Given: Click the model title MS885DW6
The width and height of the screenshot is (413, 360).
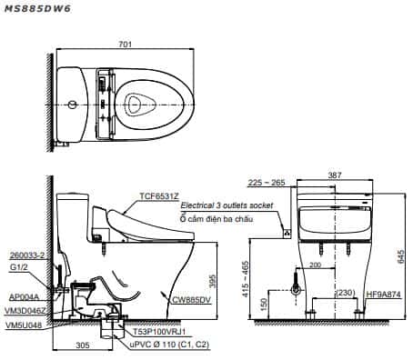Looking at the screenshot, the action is (x=37, y=8).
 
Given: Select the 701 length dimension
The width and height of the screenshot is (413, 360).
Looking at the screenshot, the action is (x=126, y=45).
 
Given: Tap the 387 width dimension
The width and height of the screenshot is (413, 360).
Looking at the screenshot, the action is (x=335, y=175).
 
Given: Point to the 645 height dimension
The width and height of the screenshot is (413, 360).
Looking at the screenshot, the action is (x=401, y=256).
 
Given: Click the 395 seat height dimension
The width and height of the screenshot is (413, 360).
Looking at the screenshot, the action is (x=212, y=281).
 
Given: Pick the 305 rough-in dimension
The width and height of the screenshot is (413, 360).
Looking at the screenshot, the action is (x=83, y=345).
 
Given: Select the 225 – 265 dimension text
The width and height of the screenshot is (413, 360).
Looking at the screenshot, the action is (x=267, y=183).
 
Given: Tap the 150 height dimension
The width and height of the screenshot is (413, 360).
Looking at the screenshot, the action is (x=264, y=305).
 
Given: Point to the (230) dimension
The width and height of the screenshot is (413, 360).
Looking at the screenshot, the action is (x=346, y=293).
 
